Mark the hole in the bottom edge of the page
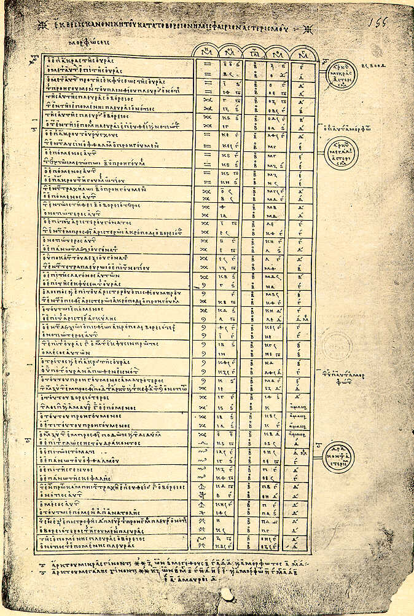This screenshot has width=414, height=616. [x=227, y=595]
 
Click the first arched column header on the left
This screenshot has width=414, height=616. [x=206, y=51]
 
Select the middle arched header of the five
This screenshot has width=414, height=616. [x=252, y=51]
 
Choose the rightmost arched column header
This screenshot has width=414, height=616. [x=301, y=51]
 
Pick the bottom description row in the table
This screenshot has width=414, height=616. [x=117, y=545]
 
